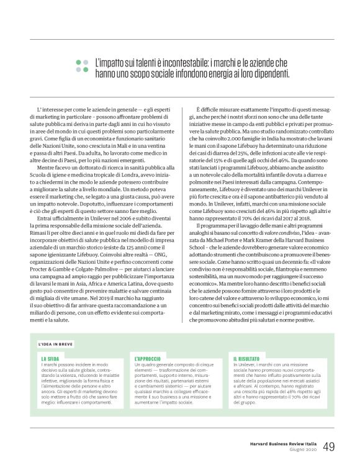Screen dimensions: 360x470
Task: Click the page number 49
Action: tap(329, 428)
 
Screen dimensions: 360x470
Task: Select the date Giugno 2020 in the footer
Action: tap(302, 432)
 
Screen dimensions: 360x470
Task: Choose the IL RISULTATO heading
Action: tap(246, 359)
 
